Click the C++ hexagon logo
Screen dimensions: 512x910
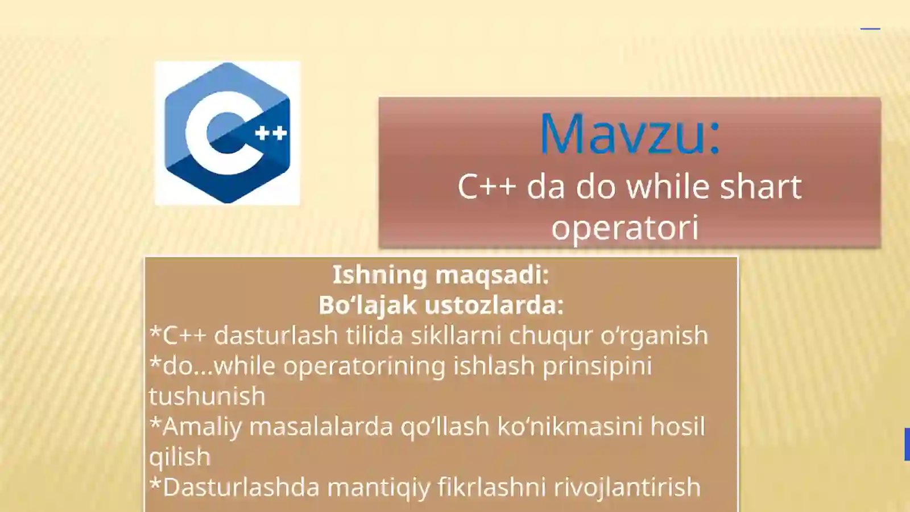click(x=227, y=133)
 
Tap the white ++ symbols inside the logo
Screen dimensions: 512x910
click(x=271, y=133)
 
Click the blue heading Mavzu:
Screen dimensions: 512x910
click(x=630, y=134)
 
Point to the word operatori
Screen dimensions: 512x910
click(x=624, y=228)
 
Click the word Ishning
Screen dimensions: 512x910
click(x=379, y=275)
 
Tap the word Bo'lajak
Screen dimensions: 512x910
click(x=367, y=305)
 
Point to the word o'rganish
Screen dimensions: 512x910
click(x=654, y=336)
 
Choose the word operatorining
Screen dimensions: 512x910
click(x=364, y=366)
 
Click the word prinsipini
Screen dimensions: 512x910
click(x=597, y=366)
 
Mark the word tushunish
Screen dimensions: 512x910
click(x=207, y=396)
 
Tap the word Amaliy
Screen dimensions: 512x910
click(x=202, y=426)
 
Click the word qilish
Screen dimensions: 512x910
click(x=180, y=457)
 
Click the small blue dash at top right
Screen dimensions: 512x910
click(x=870, y=28)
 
